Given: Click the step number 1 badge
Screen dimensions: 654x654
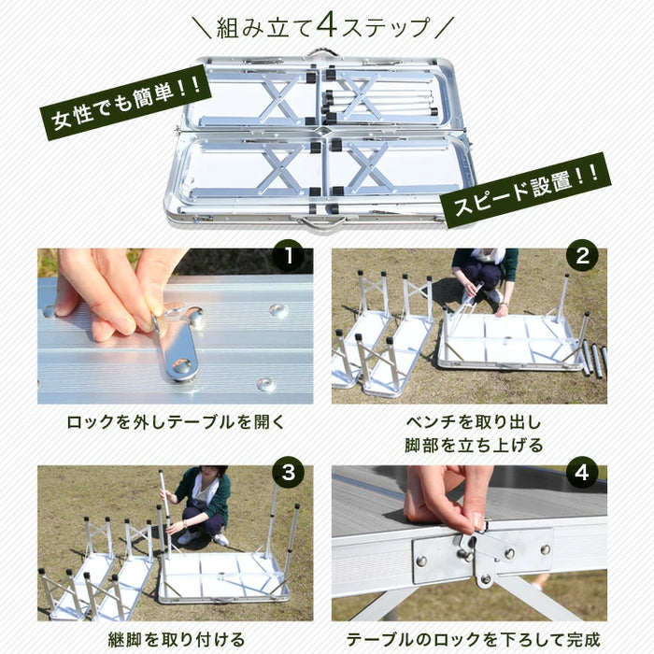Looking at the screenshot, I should pos(290,256).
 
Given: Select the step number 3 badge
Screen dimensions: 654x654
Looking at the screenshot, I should pos(290,473).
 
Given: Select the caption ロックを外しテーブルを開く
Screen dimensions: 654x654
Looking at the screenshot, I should pos(175,421).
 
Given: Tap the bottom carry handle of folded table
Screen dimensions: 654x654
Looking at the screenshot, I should pos(322,224).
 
